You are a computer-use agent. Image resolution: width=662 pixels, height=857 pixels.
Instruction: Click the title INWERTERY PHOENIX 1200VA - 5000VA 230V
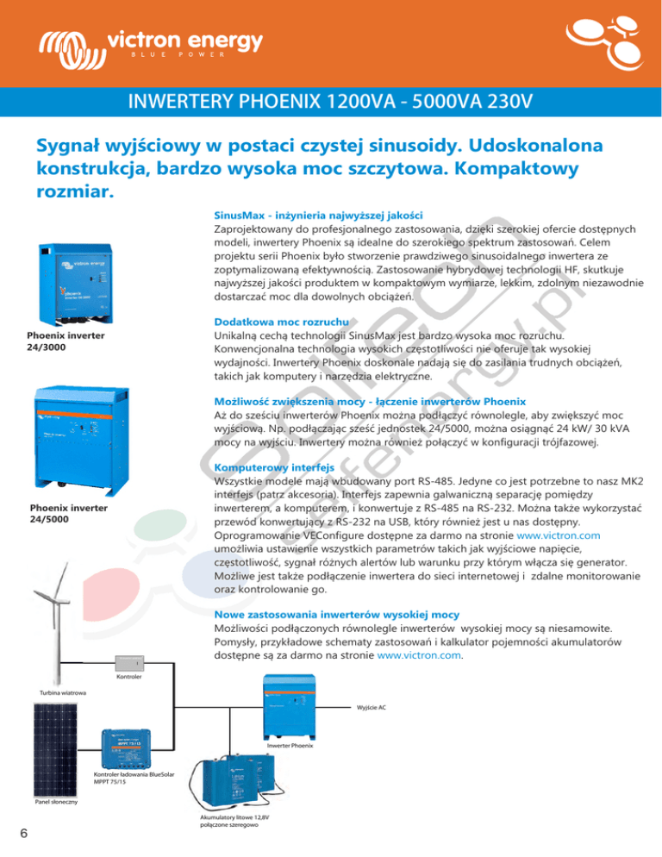[331, 103]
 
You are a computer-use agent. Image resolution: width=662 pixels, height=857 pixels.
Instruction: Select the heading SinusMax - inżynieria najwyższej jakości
[316, 214]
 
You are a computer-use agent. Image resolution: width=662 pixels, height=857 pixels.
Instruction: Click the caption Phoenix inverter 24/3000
[58, 341]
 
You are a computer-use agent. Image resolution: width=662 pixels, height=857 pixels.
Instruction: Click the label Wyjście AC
[372, 707]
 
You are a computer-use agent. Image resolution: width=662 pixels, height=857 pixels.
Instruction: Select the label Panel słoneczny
[56, 802]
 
